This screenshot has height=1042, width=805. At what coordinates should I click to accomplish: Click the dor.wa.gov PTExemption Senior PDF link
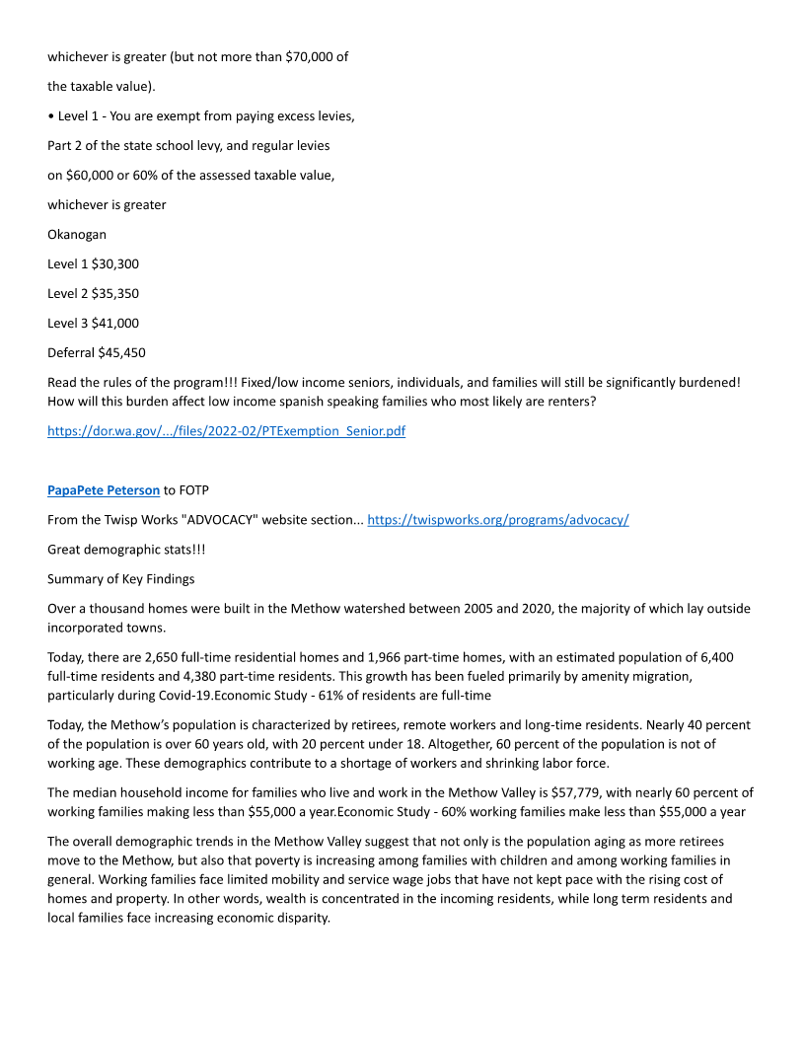[226, 431]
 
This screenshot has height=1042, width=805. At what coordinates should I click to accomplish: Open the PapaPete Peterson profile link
[104, 490]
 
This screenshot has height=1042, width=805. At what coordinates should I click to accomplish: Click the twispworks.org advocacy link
[497, 520]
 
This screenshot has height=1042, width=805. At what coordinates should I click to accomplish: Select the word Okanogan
[78, 235]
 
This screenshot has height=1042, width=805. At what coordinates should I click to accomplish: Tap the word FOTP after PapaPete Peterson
[193, 490]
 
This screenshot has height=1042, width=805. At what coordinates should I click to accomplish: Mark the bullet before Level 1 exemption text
[51, 116]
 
